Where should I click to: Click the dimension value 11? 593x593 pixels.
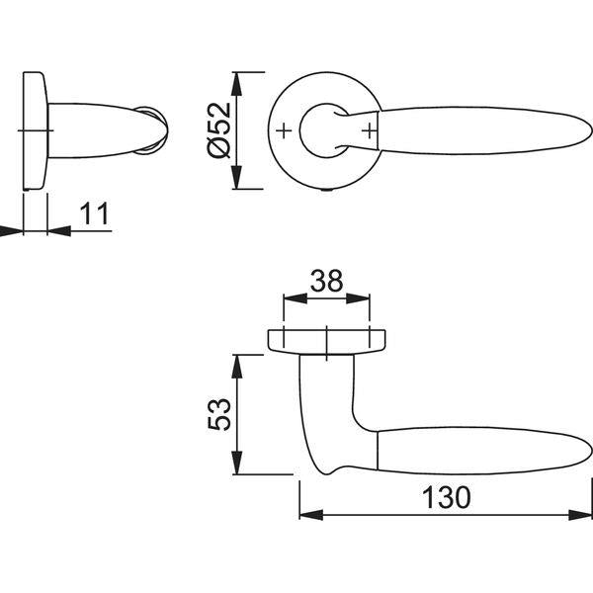[95, 213]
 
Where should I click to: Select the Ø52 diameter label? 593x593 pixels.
[219, 130]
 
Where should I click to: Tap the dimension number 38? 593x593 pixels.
[326, 281]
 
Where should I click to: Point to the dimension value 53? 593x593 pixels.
[219, 414]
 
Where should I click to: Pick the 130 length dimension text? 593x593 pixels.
[447, 497]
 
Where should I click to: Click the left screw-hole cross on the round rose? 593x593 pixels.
[284, 131]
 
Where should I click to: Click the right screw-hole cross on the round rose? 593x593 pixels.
[370, 131]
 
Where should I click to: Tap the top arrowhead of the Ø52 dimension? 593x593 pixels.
[237, 84]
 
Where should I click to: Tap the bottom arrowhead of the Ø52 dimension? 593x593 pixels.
[237, 177]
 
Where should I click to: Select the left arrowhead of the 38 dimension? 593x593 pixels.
[296, 298]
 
